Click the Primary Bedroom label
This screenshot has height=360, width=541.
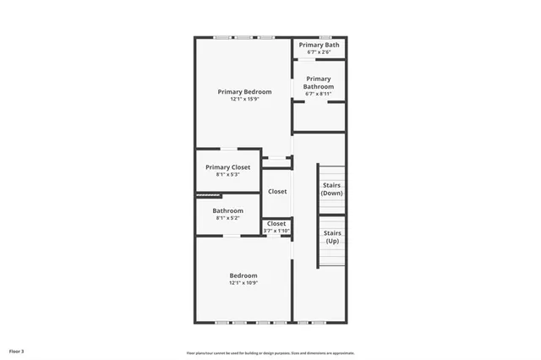[x=244, y=91]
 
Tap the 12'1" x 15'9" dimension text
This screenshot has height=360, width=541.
[x=244, y=99]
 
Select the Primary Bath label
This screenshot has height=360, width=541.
[x=319, y=45]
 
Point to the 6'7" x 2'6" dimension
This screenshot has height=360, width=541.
[x=319, y=52]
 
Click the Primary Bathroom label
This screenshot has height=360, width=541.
[x=319, y=82]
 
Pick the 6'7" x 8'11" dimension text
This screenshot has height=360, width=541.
[x=319, y=94]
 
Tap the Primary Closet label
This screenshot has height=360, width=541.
[x=227, y=167]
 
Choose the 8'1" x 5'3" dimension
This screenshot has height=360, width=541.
[x=227, y=175]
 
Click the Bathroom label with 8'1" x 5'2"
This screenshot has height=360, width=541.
[x=227, y=210]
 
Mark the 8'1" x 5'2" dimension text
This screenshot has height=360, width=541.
[x=227, y=218]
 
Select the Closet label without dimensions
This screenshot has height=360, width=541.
[x=277, y=191]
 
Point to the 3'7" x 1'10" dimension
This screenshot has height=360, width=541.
[x=276, y=231]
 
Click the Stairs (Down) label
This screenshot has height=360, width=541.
[x=332, y=188]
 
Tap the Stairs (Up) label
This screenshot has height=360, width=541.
[x=332, y=237]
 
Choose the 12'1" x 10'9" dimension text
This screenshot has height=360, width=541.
[x=243, y=283]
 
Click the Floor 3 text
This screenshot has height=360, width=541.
[x=17, y=351]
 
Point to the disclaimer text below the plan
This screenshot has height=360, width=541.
[x=270, y=353]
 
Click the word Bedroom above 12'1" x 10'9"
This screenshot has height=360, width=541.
[x=243, y=275]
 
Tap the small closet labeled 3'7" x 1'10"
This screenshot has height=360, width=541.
[x=276, y=227]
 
